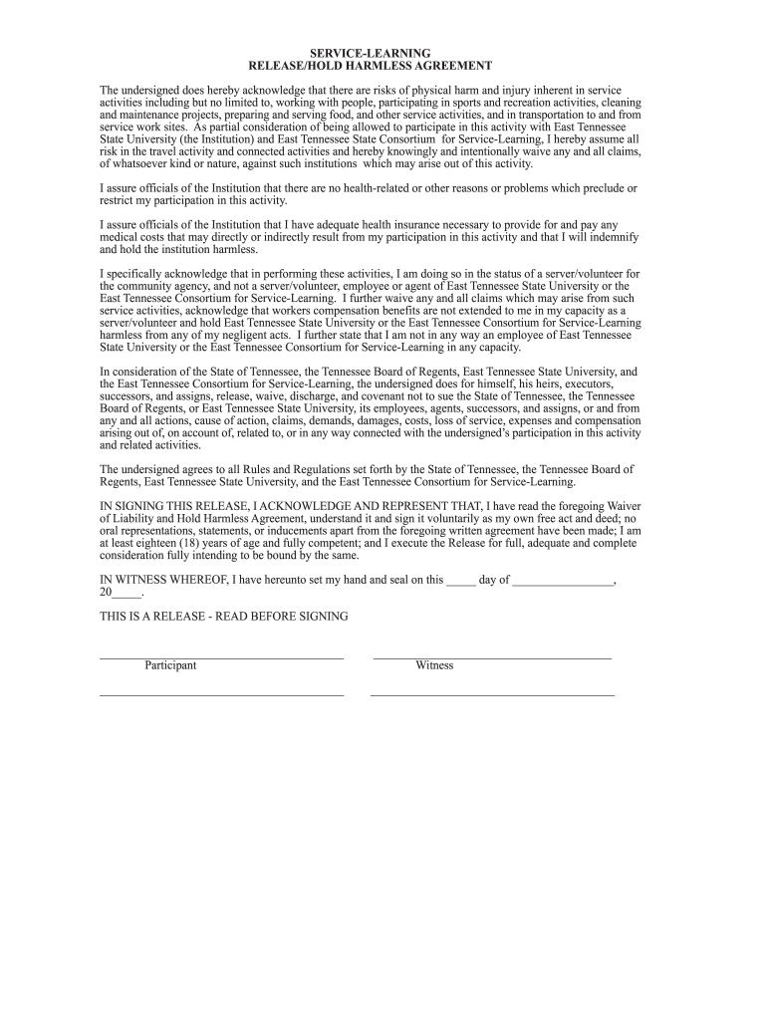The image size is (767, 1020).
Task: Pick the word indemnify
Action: tap(614, 237)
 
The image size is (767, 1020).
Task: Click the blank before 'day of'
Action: tap(461, 581)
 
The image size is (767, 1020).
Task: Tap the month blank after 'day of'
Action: tap(563, 581)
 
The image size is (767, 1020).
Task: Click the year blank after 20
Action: tap(128, 593)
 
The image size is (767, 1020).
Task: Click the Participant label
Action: tap(170, 665)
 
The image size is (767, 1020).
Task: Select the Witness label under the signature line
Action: tap(434, 665)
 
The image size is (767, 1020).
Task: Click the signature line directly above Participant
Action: tap(221, 657)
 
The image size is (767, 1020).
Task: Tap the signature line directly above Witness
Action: tap(491, 657)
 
